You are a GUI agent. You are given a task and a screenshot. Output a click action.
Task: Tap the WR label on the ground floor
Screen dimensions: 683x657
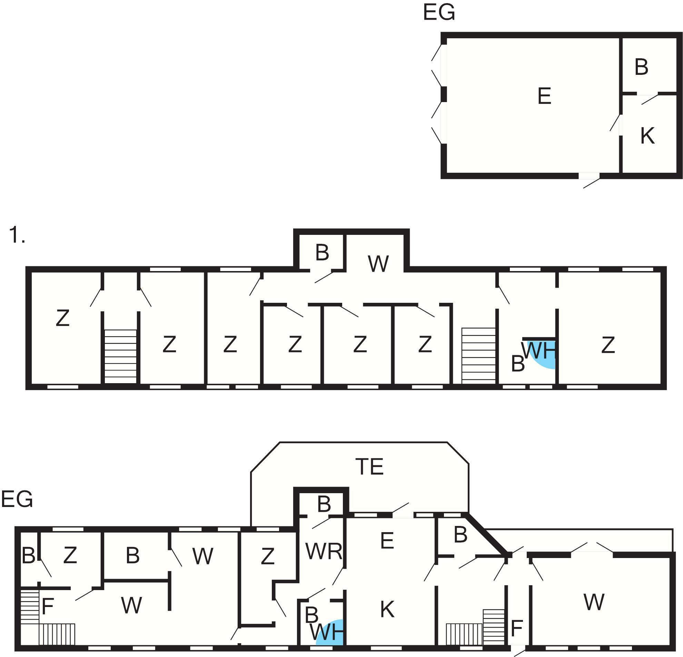(x=324, y=551)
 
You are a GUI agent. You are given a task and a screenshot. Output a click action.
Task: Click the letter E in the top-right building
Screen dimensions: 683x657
(x=544, y=96)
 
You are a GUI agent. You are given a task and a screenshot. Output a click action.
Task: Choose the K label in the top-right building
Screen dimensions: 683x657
(x=647, y=136)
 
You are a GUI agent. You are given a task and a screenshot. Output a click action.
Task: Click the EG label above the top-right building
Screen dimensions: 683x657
(x=439, y=12)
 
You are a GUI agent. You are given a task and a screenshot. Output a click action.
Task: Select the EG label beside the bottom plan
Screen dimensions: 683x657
(x=17, y=499)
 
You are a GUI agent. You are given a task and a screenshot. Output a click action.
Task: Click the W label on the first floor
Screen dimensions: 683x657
(x=378, y=264)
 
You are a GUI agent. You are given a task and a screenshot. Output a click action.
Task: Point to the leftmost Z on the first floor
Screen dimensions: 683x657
(x=63, y=318)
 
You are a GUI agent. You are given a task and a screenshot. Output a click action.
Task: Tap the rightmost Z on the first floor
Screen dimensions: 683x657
(x=608, y=345)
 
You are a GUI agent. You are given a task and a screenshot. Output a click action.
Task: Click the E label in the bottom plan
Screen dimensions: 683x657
(x=387, y=541)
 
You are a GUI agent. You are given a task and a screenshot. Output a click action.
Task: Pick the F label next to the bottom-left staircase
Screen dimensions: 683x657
(x=47, y=606)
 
